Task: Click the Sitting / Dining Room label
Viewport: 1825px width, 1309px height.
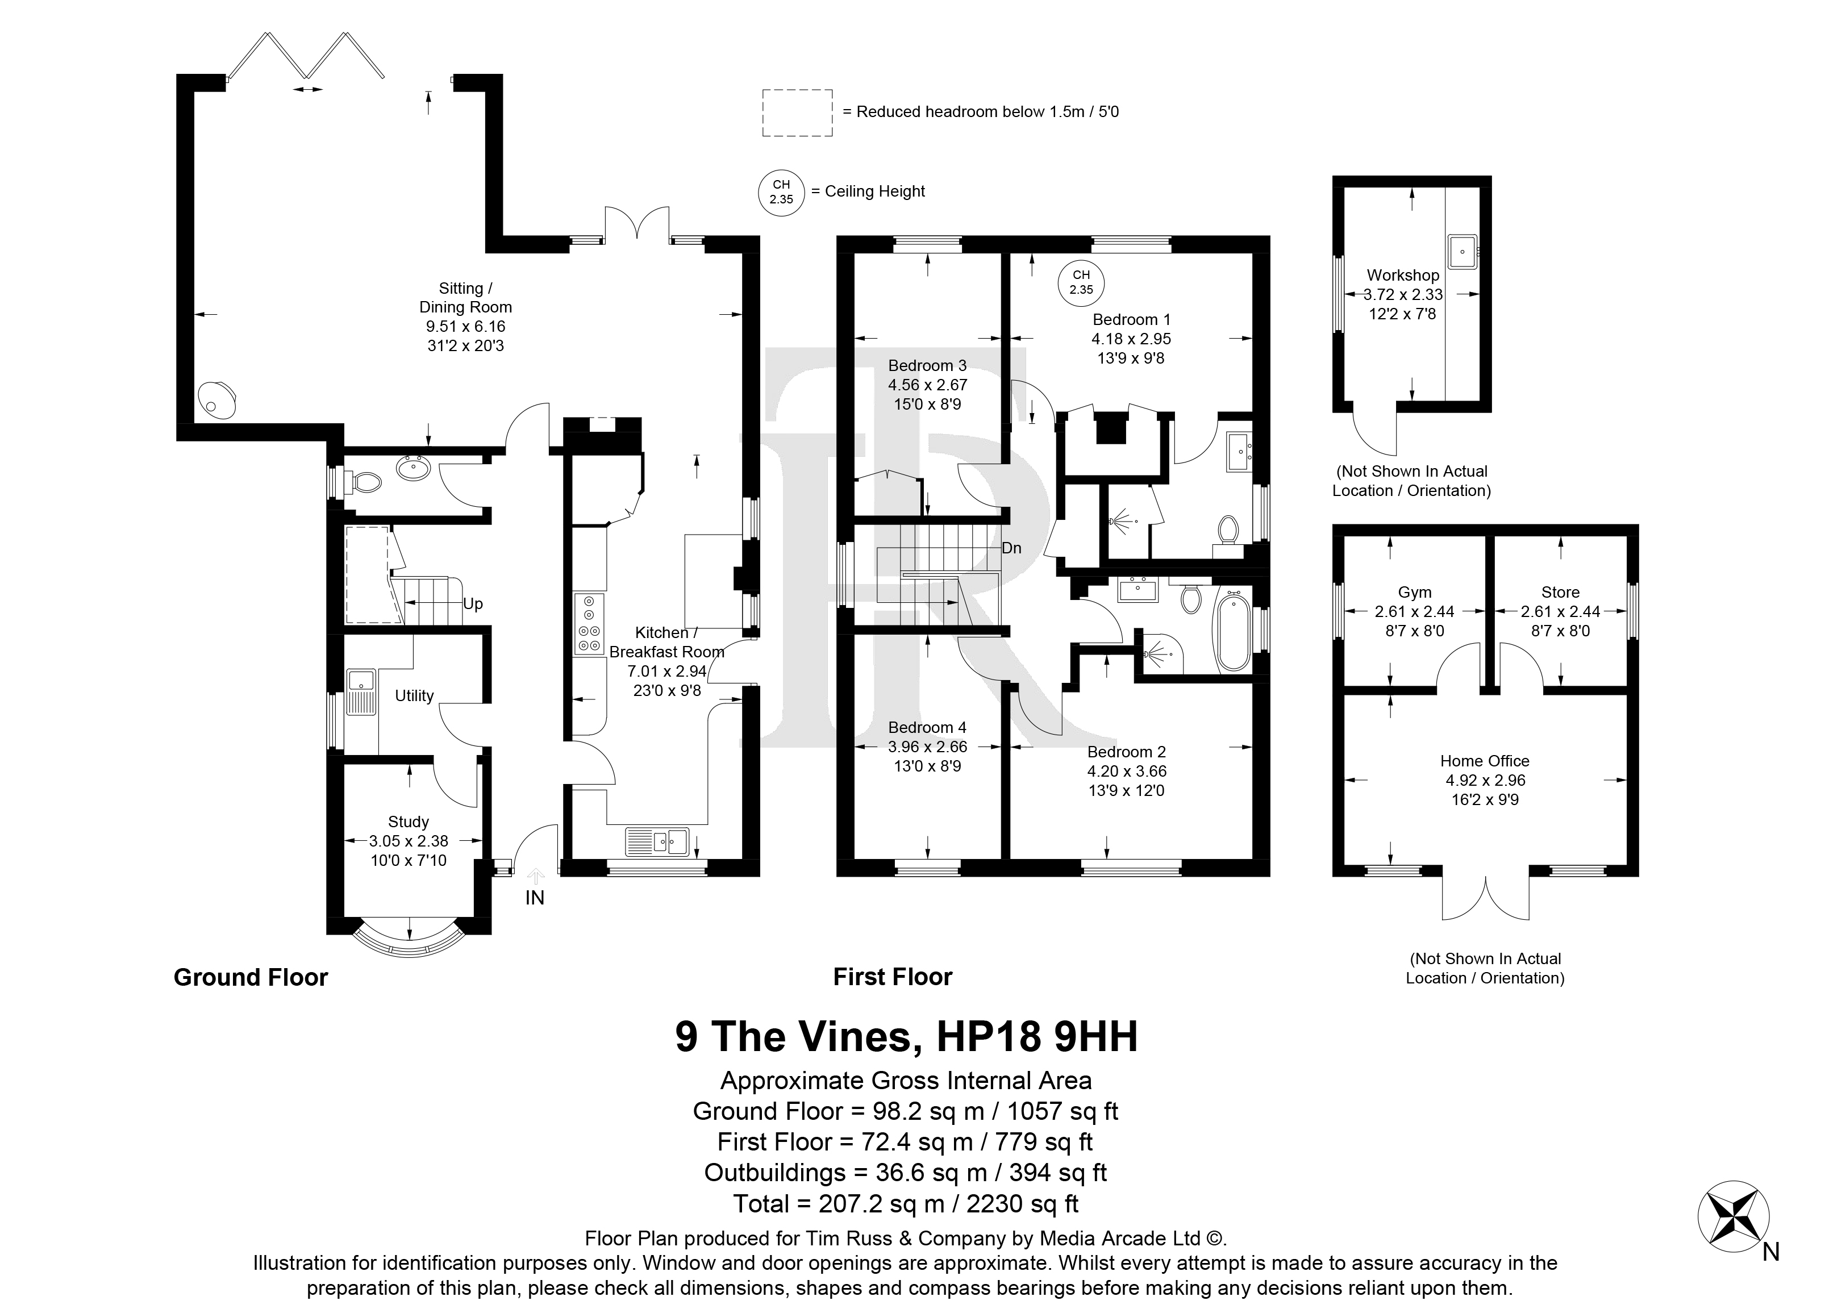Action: pyautogui.click(x=465, y=298)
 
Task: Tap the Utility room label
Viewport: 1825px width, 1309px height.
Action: pyautogui.click(x=414, y=696)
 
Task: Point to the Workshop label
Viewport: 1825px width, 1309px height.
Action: pyautogui.click(x=1402, y=275)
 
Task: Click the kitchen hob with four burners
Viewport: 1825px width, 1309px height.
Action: pyautogui.click(x=589, y=623)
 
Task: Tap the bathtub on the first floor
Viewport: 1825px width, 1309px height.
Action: pyautogui.click(x=1232, y=631)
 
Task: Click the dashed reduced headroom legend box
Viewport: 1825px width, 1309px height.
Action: pyautogui.click(x=797, y=112)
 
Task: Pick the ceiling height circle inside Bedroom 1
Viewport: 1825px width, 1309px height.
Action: pyautogui.click(x=1081, y=282)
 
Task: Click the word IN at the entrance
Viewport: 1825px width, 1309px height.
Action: pyautogui.click(x=535, y=898)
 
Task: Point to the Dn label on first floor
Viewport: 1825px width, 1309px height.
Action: pyautogui.click(x=1011, y=548)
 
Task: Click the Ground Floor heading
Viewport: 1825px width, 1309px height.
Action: pyautogui.click(x=251, y=978)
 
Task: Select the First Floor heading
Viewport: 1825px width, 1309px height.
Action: pyautogui.click(x=893, y=978)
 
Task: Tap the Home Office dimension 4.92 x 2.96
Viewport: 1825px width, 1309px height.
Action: pyautogui.click(x=1485, y=781)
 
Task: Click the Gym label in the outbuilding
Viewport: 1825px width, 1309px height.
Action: pyautogui.click(x=1415, y=592)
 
